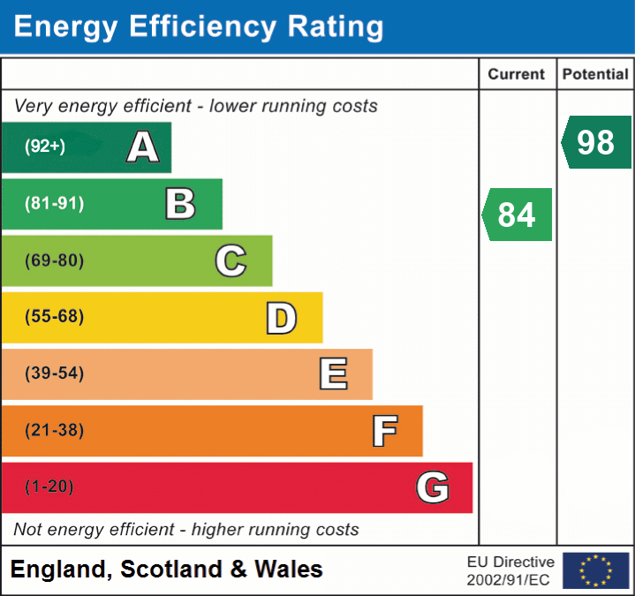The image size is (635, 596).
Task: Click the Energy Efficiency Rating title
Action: click(199, 27)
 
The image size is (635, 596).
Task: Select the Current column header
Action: click(517, 75)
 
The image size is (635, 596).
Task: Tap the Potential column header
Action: click(595, 75)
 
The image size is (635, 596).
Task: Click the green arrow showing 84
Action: click(518, 215)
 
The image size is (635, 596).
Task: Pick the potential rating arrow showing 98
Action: click(596, 142)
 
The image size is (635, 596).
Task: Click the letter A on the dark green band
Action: click(143, 147)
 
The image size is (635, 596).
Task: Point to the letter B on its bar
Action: click(180, 204)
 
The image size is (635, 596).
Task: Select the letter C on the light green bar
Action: click(231, 260)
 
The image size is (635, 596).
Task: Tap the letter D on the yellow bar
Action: click(281, 318)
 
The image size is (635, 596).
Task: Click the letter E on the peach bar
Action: click(332, 374)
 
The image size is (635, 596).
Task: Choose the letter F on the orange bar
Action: click(383, 431)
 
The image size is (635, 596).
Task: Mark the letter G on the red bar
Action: click(433, 487)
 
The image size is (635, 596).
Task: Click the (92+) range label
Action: click(45, 147)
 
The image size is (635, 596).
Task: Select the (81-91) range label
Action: click(54, 204)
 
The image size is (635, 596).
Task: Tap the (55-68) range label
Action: click(54, 317)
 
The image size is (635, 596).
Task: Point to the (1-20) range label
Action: click(49, 487)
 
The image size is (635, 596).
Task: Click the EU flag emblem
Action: click(595, 570)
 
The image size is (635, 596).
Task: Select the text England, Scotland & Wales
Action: click(167, 570)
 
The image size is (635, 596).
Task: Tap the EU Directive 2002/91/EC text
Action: click(510, 570)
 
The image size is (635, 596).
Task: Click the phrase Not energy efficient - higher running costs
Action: click(186, 530)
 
